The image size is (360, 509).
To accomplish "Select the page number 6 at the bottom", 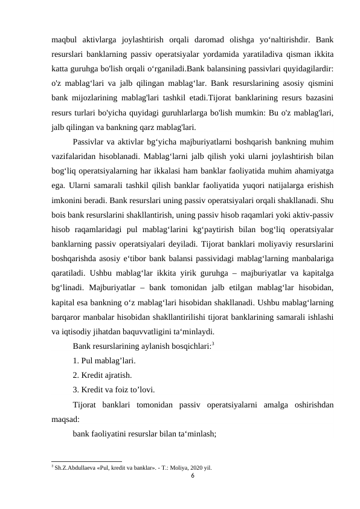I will [192, 476].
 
